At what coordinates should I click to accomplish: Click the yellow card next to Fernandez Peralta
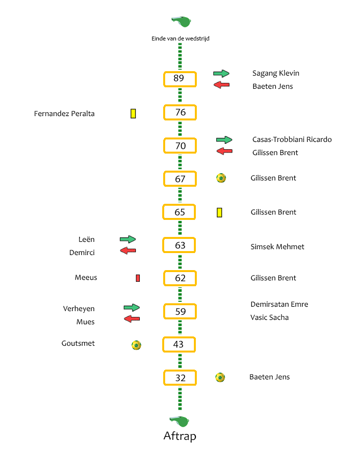coord(133,114)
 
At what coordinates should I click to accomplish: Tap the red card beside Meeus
coord(138,278)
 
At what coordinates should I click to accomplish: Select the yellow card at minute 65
coord(219,213)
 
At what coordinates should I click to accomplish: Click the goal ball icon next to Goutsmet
coord(136,345)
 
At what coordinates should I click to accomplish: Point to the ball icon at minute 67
coord(221,178)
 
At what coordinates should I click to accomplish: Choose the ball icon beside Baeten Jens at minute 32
coord(220,377)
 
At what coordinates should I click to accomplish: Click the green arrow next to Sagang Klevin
coord(221,73)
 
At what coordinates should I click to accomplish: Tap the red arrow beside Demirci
coord(128,250)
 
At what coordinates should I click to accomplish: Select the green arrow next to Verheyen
coord(132,307)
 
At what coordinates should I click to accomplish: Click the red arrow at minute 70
coord(225,151)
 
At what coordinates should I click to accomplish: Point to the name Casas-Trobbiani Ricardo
coord(292,139)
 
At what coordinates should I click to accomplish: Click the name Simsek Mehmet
coord(277,247)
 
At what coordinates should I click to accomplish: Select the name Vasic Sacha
coord(269,317)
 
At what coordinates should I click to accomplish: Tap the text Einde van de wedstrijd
coord(180,39)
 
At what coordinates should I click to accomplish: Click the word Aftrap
coord(180,436)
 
